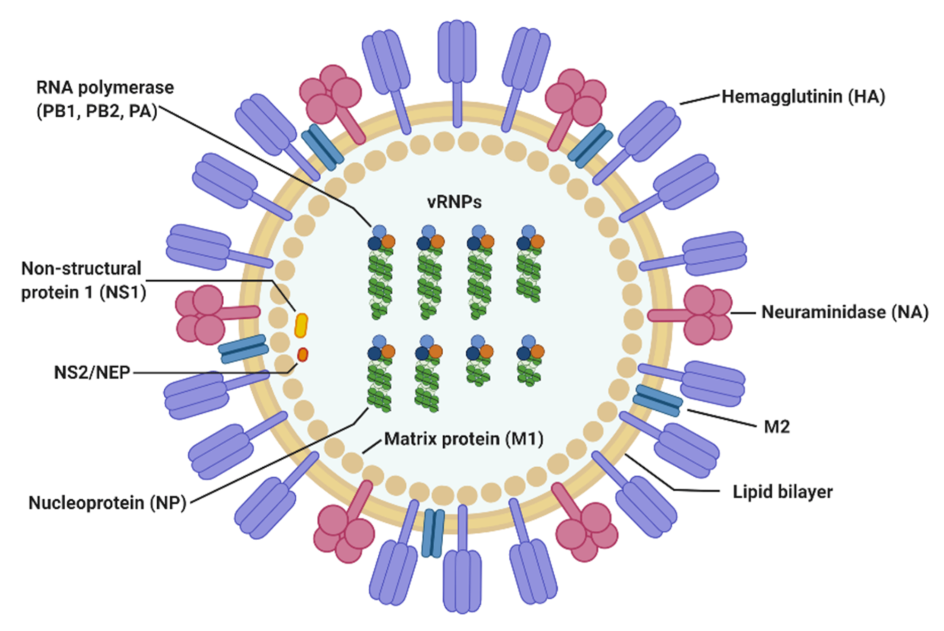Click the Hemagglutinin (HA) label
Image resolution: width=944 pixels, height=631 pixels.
[803, 97]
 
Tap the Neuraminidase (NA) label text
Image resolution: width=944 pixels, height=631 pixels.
[844, 312]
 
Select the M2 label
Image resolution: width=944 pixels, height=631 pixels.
[776, 427]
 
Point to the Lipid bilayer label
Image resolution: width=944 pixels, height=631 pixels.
[782, 491]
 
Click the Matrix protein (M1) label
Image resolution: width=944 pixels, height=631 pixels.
[463, 439]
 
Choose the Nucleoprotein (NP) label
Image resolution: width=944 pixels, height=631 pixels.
[107, 503]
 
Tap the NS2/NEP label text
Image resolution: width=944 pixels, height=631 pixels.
[92, 372]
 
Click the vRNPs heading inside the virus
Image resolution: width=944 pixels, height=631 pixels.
[454, 202]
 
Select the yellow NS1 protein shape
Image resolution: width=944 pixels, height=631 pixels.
[301, 325]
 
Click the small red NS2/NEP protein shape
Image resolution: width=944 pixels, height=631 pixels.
[302, 355]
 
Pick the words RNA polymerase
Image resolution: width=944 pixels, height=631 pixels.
[105, 88]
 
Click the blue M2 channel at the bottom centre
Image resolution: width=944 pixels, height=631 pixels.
[433, 533]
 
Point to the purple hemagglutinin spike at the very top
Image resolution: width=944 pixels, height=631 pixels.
[457, 56]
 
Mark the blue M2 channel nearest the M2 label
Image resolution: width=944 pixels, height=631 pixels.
[657, 401]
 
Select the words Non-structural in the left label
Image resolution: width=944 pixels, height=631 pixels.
[81, 269]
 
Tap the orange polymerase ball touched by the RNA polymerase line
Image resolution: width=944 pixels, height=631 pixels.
[388, 241]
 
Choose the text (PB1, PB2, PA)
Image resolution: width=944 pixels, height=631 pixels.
[97, 111]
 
